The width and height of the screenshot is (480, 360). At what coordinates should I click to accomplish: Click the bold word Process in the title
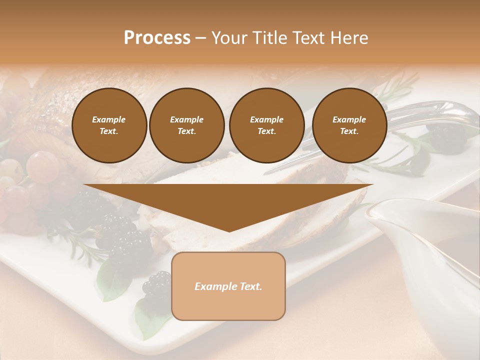[157, 38]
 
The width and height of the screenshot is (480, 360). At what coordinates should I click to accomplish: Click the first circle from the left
[109, 125]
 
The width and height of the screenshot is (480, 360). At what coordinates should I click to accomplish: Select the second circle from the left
[186, 125]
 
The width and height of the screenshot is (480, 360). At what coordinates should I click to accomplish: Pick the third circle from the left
[266, 125]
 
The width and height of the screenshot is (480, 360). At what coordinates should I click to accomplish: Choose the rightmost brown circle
[349, 125]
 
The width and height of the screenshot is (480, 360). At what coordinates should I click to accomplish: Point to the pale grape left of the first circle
[42, 166]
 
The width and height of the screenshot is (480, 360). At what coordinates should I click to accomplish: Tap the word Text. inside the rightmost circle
[349, 131]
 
